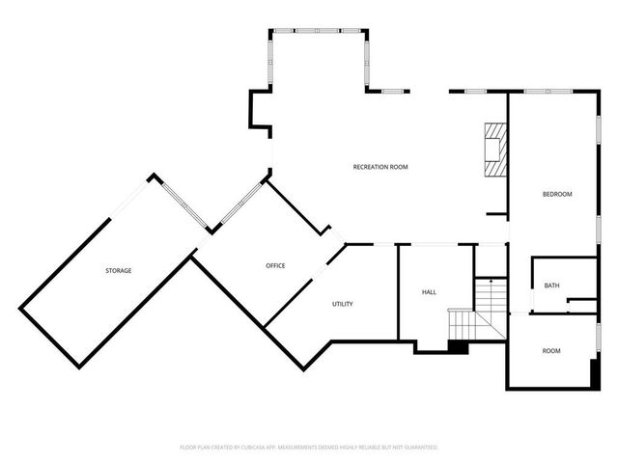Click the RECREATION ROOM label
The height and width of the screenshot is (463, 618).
tap(380, 167)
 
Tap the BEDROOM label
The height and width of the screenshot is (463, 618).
tap(556, 194)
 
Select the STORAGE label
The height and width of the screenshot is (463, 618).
tap(119, 270)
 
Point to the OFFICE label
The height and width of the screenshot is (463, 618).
tap(275, 265)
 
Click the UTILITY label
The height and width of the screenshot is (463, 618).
tap(342, 304)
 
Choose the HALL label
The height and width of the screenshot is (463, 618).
tap(430, 291)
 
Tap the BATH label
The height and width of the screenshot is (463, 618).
tap(551, 286)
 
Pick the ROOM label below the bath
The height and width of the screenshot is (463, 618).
tap(550, 350)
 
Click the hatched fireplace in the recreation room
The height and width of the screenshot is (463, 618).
tap(495, 150)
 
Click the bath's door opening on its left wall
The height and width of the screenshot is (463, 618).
tap(532, 305)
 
